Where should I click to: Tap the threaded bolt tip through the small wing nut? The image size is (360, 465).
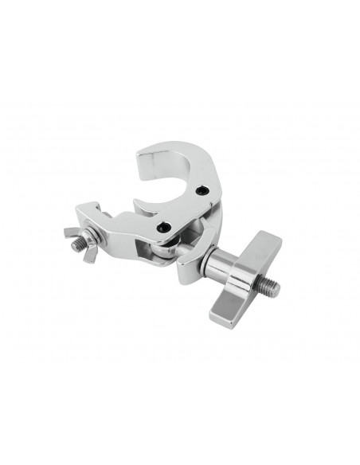[75, 244]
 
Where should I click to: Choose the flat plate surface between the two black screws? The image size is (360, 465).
[185, 209]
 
